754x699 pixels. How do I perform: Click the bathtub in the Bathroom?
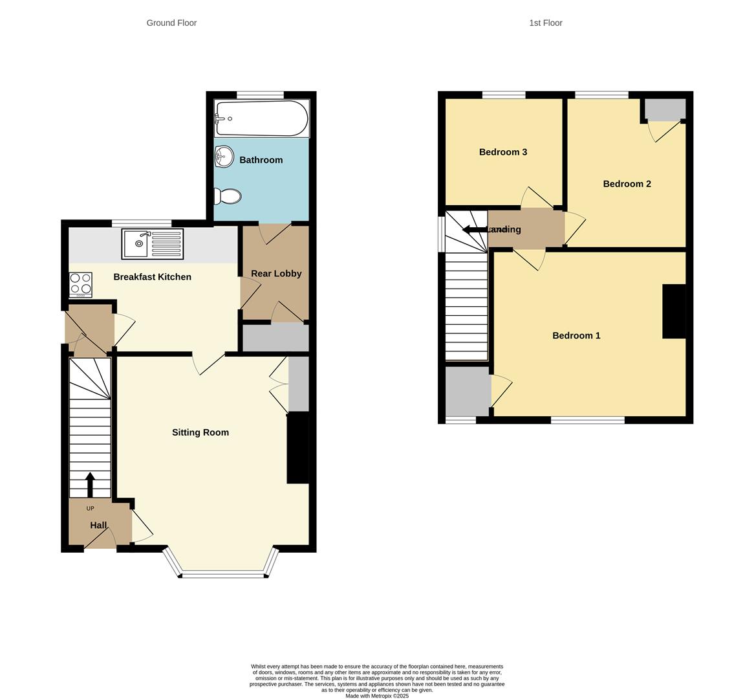(261, 118)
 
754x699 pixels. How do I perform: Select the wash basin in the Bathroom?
(224, 156)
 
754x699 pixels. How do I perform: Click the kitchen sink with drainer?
(153, 244)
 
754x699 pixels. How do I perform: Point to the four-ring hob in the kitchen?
(81, 284)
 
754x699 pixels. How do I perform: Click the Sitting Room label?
(200, 432)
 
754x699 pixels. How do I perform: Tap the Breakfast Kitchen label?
(152, 277)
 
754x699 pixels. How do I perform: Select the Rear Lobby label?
(276, 274)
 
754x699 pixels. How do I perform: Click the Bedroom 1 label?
(576, 335)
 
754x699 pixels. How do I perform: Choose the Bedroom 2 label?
(627, 184)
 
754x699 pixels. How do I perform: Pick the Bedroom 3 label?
(503, 152)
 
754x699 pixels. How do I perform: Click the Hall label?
(98, 526)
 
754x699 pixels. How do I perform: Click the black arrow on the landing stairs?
(475, 230)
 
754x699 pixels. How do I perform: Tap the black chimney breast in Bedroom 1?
(674, 311)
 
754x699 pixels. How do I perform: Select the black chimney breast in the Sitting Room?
(297, 448)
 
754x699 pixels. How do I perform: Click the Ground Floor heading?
(171, 23)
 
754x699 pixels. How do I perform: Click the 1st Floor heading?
(546, 23)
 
